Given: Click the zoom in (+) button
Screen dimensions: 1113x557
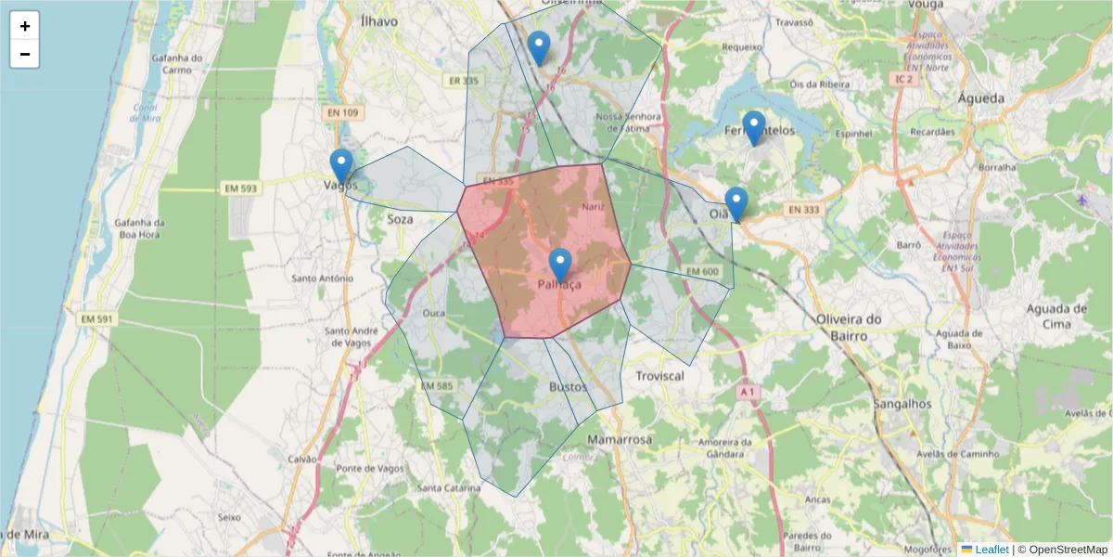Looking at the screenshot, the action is (x=25, y=26).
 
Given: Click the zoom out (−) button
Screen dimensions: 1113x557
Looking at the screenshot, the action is (x=25, y=54).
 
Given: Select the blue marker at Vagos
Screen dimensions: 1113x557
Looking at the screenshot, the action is (x=341, y=166).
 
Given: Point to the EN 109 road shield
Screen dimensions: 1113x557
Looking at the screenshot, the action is (x=342, y=112).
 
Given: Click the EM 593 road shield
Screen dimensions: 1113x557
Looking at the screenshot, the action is (x=240, y=188).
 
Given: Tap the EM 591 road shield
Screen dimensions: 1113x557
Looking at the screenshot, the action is (x=97, y=319).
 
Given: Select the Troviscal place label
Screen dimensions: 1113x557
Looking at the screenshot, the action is (x=659, y=376).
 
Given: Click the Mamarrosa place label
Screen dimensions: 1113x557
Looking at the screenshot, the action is (x=620, y=438).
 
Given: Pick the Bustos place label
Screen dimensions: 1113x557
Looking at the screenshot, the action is (x=568, y=386).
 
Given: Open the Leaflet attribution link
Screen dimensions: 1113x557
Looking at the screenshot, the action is (x=991, y=550).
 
